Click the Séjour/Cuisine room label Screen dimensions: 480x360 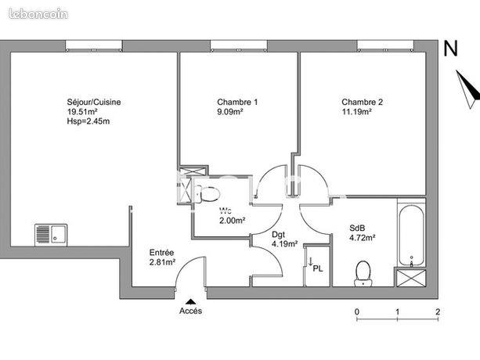click(x=94, y=103)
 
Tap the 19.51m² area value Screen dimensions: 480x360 click(x=82, y=112)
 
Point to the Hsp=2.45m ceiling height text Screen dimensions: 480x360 click(x=88, y=121)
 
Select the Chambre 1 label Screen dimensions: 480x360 click(x=237, y=102)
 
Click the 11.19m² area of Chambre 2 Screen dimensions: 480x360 click(x=356, y=112)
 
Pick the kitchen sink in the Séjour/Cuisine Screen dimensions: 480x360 click(x=51, y=235)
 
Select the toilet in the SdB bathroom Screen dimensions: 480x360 click(x=363, y=273)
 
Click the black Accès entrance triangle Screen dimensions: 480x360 click(x=191, y=301)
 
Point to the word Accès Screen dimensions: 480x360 click(x=191, y=311)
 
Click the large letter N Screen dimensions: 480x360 click(x=450, y=49)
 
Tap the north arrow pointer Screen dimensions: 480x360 click(x=468, y=89)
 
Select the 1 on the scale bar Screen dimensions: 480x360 click(x=397, y=312)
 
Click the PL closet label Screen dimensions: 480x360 click(x=317, y=269)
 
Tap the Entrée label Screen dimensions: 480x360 click(x=161, y=253)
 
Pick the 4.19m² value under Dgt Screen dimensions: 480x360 click(x=285, y=244)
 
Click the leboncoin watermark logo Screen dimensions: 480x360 click(x=38, y=14)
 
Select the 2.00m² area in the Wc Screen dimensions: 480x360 click(x=232, y=220)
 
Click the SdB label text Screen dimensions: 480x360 click(x=357, y=229)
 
